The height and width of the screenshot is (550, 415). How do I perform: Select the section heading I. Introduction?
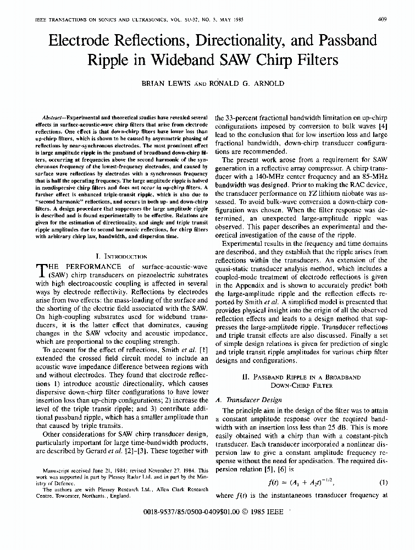[121, 256]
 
